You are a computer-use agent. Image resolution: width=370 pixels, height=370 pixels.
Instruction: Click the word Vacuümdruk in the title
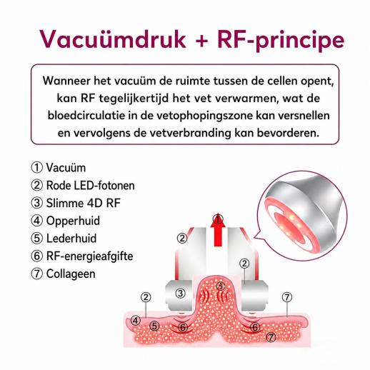(112, 39)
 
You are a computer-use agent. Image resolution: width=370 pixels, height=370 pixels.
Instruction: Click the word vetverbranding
(191, 134)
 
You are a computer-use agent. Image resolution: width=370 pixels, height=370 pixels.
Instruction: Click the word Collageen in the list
(71, 274)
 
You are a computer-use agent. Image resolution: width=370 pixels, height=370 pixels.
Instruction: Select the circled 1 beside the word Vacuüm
(37, 168)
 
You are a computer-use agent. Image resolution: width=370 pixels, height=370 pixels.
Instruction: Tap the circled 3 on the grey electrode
(180, 293)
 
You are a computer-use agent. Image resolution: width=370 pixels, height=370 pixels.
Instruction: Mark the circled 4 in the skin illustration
(136, 321)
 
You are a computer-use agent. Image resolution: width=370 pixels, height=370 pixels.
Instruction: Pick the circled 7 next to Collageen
(37, 274)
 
